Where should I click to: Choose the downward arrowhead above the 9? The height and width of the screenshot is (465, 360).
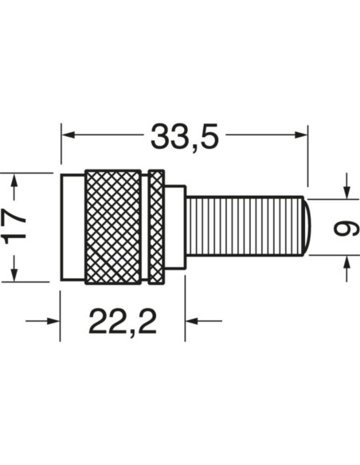pos(346,192)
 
